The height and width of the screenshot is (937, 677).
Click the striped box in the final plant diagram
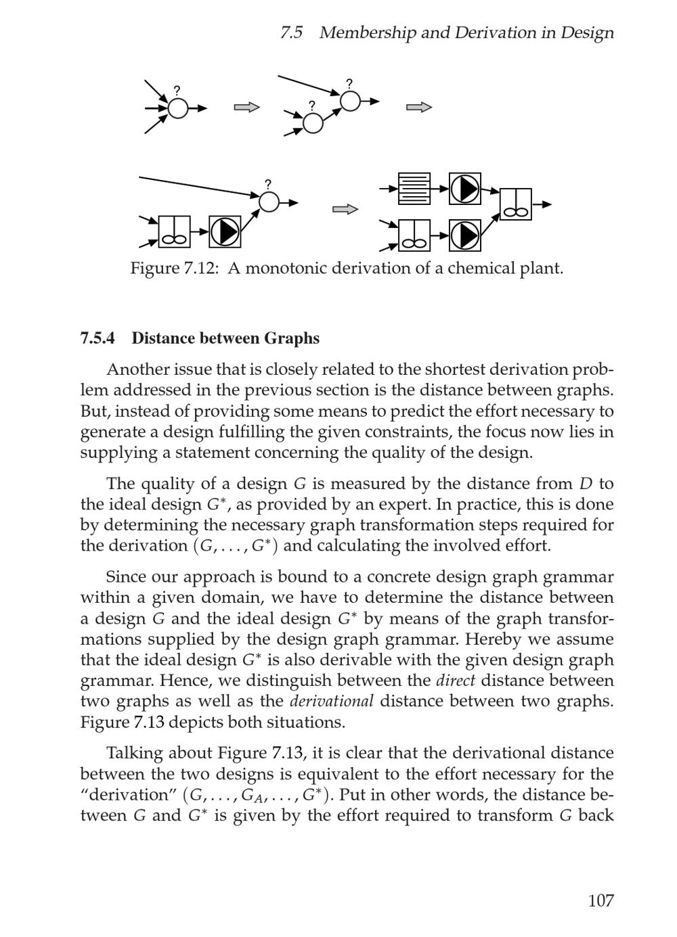[414, 189]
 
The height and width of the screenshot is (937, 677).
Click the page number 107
[600, 900]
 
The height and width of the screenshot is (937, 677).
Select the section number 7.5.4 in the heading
[97, 338]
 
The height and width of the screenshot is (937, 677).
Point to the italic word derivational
[331, 702]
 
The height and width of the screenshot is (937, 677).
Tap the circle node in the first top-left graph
[178, 108]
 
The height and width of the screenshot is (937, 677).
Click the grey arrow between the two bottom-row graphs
[345, 209]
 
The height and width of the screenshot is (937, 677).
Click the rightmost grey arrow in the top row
[419, 107]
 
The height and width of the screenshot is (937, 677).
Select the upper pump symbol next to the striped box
[465, 189]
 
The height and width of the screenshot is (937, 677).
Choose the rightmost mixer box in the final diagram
[516, 204]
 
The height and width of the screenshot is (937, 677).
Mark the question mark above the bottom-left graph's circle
[268, 184]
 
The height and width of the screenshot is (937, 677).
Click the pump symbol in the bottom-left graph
[225, 232]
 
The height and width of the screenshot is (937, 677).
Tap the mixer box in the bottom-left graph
[175, 232]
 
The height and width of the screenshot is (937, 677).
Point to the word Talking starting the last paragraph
[134, 754]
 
